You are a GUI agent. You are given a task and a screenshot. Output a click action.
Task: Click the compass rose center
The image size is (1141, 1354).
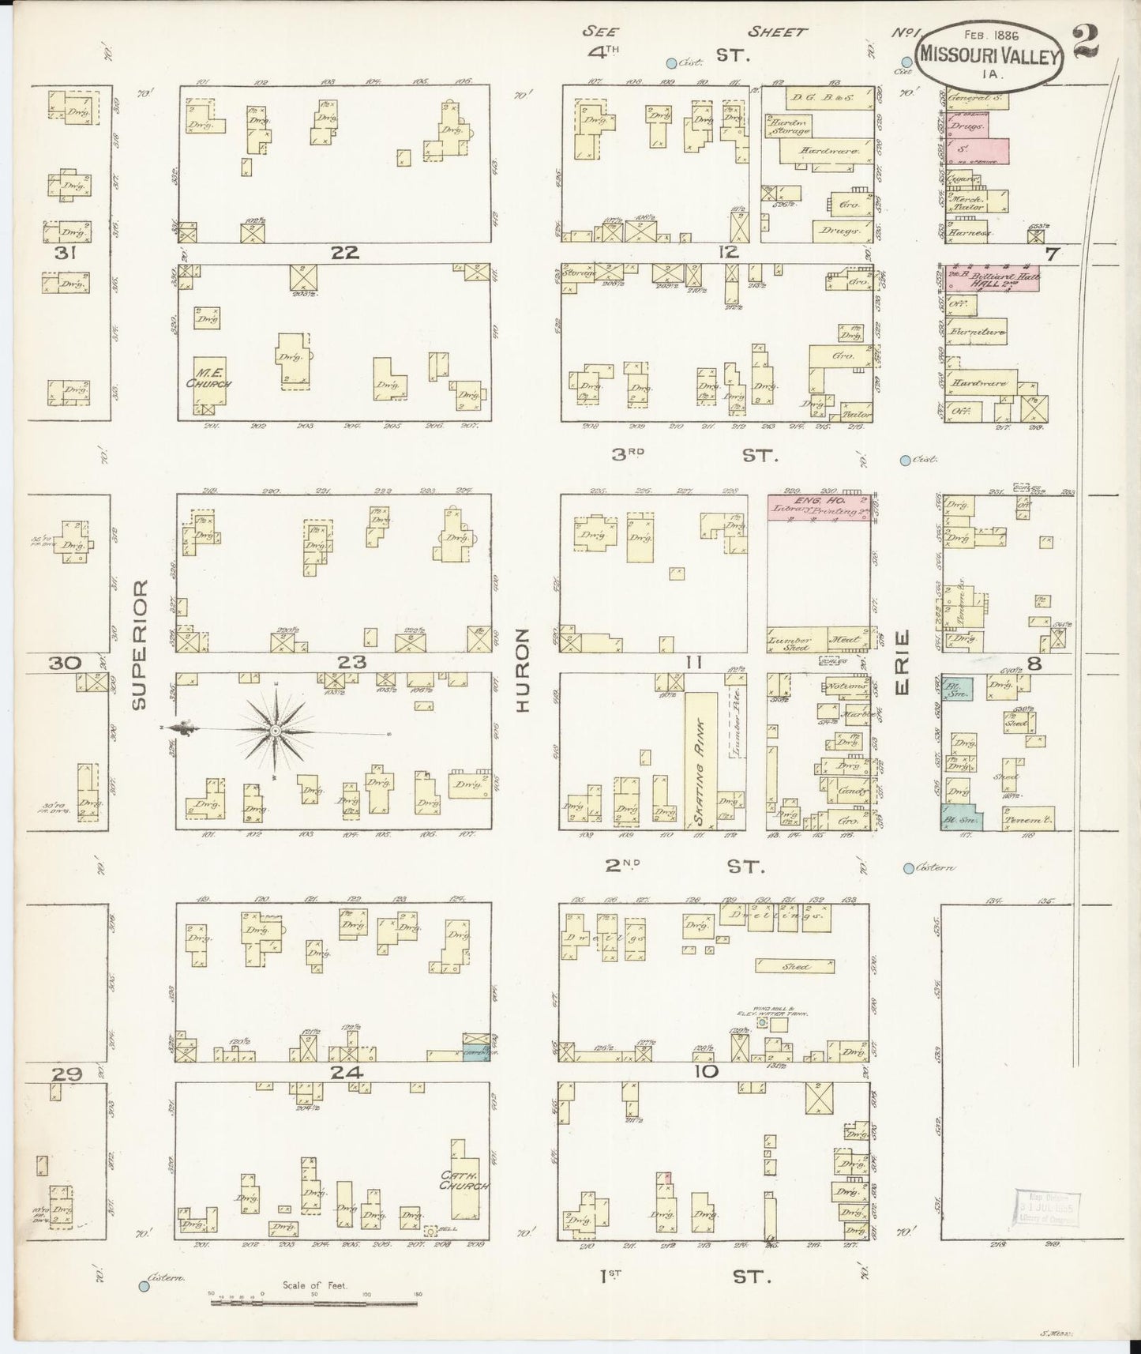click(x=275, y=732)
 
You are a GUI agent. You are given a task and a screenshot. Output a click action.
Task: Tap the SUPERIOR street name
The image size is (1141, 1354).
click(x=141, y=644)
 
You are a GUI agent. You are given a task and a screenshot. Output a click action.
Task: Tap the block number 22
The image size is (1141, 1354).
click(x=345, y=253)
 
